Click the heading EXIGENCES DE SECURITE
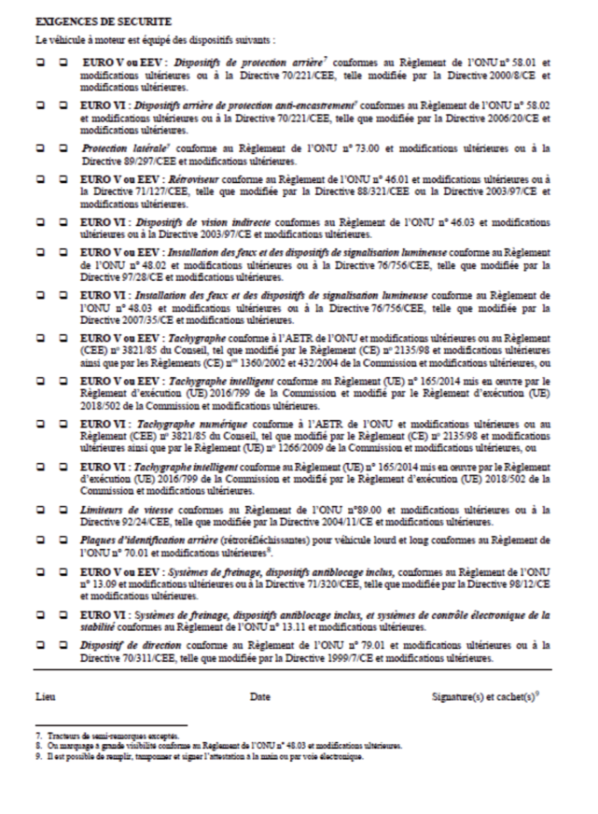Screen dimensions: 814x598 tap(93, 19)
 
